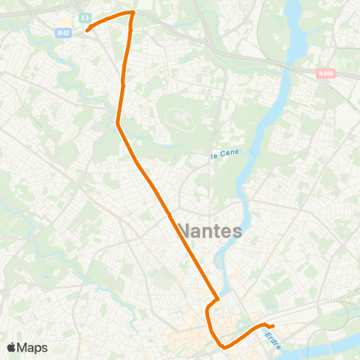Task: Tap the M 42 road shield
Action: tap(63, 32)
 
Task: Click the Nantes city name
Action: tap(210, 230)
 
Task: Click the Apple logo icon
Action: tap(12, 347)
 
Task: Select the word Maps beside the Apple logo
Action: tap(33, 347)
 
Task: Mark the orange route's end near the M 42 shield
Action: tap(87, 31)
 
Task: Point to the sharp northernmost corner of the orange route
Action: tap(133, 12)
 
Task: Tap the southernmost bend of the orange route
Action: tap(224, 346)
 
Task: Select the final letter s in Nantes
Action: tap(236, 231)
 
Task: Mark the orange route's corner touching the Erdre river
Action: tap(217, 299)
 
